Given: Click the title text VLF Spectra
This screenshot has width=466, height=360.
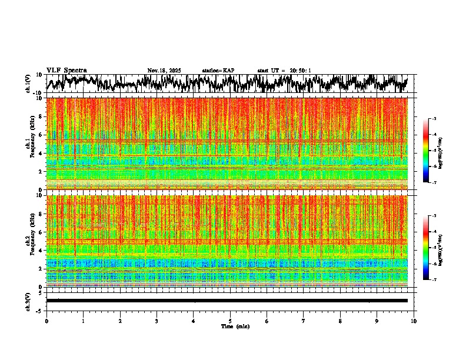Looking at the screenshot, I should pos(66,71).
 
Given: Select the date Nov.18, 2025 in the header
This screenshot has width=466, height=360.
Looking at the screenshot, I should pos(164,71).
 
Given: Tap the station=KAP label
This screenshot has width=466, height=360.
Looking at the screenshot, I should pos(218,71).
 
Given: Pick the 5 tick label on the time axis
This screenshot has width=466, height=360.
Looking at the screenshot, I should pos(230,321).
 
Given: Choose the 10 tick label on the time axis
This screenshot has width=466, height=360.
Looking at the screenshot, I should pos(414,321).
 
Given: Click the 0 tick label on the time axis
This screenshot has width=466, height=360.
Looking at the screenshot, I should pos(46,321).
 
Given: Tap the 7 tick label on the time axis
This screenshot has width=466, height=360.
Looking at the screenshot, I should pos(304,321).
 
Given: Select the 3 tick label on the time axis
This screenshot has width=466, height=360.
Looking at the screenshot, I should pos(157,321).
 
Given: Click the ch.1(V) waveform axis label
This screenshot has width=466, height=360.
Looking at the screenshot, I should pos(28,84).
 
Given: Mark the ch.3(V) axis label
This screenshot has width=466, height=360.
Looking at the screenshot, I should pos(28,300).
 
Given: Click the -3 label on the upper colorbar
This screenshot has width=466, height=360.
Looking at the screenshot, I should pos(434,119).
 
